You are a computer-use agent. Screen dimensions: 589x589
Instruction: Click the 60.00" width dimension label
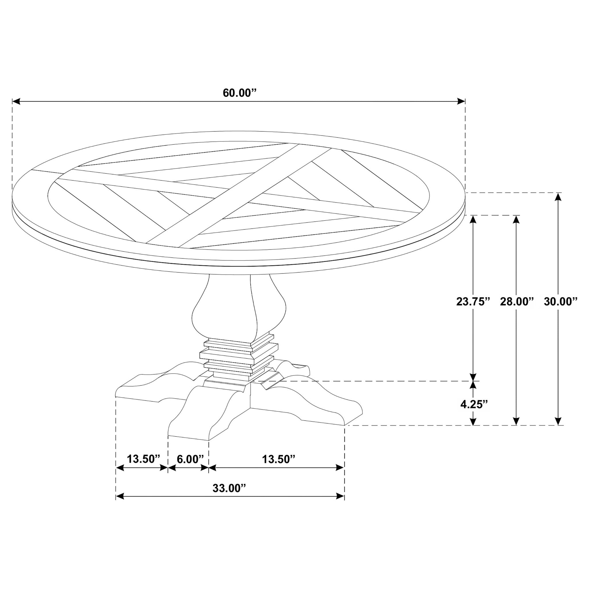240,93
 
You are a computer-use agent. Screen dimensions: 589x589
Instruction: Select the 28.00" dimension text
517,301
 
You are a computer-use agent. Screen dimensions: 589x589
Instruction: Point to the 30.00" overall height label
561,301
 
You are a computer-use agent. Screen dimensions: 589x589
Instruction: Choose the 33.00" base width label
229,488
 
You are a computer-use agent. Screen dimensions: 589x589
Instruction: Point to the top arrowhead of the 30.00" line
558,197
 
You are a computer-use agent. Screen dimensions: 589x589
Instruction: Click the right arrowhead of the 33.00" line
340,496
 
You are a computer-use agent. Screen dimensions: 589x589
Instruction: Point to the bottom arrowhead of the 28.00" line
516,421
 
